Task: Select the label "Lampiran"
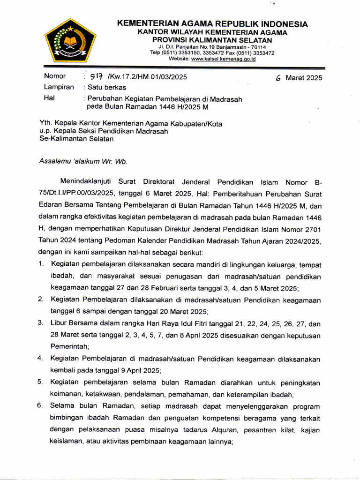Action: click(x=59, y=87)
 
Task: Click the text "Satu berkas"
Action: click(x=105, y=87)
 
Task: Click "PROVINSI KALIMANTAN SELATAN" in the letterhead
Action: click(x=215, y=41)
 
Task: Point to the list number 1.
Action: click(x=42, y=265)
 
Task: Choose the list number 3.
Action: click(x=41, y=323)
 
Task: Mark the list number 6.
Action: click(x=41, y=405)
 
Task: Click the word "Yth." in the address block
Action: click(x=46, y=124)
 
